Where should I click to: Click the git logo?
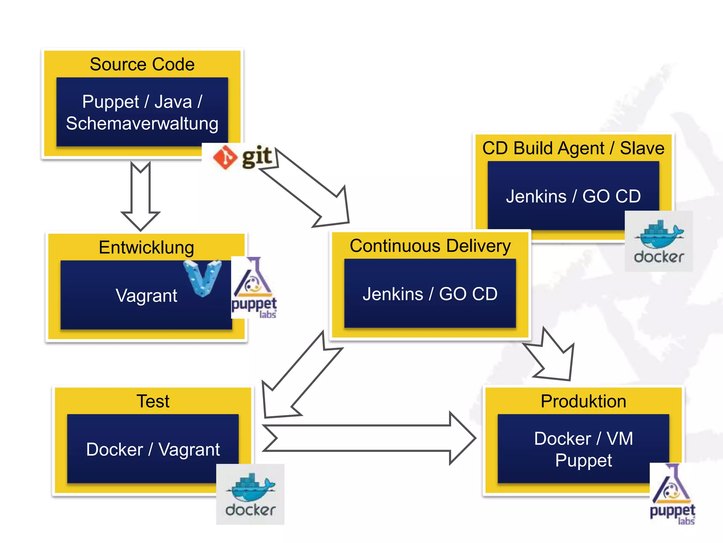[x=242, y=157]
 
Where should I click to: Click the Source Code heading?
[x=142, y=64]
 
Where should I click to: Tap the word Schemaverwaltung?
[x=142, y=123]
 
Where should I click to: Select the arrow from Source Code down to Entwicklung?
[x=141, y=196]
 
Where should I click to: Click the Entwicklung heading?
[x=146, y=247]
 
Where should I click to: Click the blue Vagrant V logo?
[x=203, y=278]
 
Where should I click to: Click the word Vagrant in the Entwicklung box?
[x=146, y=295]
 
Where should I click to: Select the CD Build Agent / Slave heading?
[x=573, y=148]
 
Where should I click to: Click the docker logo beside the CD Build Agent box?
[x=658, y=241]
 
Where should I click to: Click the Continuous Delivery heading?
[x=430, y=246]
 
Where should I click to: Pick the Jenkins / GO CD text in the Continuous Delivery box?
[x=430, y=294]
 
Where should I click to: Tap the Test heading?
[x=153, y=401]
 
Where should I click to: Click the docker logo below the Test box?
[x=250, y=494]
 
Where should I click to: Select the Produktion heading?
[x=583, y=401]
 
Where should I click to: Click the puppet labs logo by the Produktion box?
[x=672, y=494]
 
